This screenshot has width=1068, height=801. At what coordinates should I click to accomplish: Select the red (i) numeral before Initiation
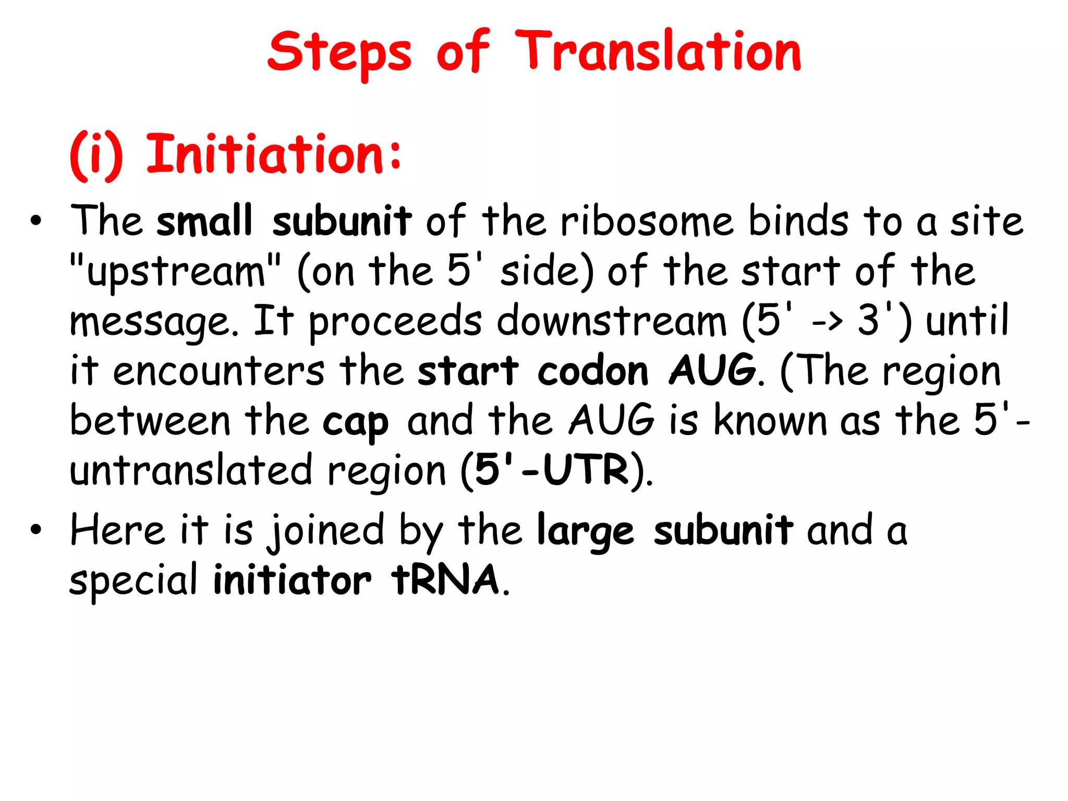[x=96, y=155]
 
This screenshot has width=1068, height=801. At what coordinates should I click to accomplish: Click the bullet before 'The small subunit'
[x=35, y=221]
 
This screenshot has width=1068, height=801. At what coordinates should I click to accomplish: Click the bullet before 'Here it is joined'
[x=35, y=530]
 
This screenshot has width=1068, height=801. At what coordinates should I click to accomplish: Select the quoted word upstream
[x=175, y=271]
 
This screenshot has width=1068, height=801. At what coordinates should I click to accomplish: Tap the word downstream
[x=611, y=320]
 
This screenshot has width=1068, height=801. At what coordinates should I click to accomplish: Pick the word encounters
[x=219, y=371]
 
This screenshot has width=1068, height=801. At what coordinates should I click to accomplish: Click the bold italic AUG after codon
[x=712, y=370]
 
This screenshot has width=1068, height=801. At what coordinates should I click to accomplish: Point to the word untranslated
[x=191, y=470]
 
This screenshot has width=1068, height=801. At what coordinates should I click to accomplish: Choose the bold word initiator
[x=292, y=580]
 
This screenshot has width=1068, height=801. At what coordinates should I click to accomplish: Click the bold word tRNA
[x=446, y=580]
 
